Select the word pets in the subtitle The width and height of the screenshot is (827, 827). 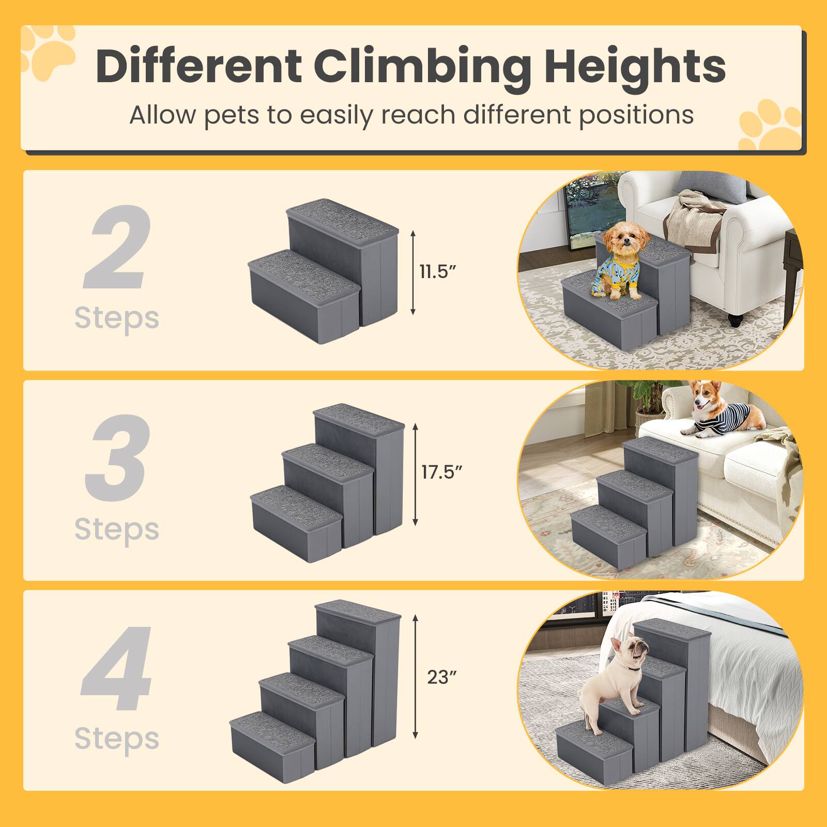pyautogui.click(x=232, y=115)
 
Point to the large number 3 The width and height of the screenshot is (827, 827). pyautogui.click(x=117, y=457)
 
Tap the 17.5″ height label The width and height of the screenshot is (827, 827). pyautogui.click(x=441, y=472)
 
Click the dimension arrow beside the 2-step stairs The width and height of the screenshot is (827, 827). pyautogui.click(x=412, y=273)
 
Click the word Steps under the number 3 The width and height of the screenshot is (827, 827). pyautogui.click(x=117, y=529)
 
